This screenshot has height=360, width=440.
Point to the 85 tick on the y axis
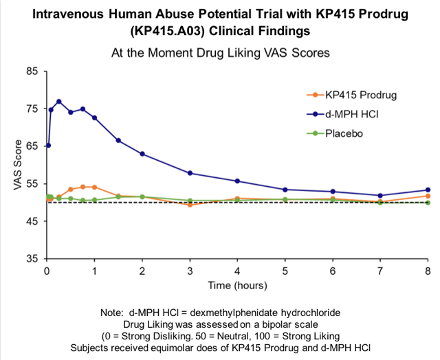click(x=32, y=71)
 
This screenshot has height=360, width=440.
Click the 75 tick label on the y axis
click(x=32, y=109)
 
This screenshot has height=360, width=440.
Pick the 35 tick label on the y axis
click(x=32, y=259)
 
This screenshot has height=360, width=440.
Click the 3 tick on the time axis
click(x=190, y=271)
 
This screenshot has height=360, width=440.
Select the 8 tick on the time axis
click(x=428, y=271)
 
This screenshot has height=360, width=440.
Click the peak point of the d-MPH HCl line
click(x=58, y=102)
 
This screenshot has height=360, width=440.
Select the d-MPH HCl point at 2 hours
click(x=142, y=154)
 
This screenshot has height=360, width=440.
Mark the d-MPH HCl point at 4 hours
click(x=237, y=181)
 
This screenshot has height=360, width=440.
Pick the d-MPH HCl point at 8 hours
click(x=428, y=190)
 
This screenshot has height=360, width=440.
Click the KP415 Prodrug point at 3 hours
click(x=190, y=205)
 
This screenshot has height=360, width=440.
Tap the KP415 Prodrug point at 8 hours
click(x=428, y=196)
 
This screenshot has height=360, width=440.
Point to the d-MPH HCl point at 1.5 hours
click(x=118, y=141)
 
